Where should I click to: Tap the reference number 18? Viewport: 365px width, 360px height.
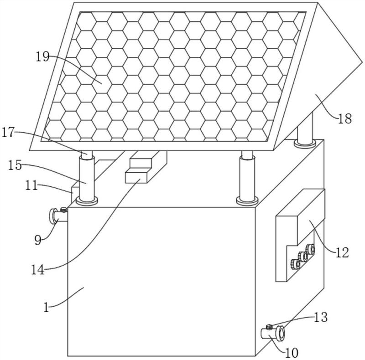click(345, 119)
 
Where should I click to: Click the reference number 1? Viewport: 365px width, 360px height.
click(46, 308)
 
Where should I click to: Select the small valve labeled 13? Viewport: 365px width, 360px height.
click(269, 326)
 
